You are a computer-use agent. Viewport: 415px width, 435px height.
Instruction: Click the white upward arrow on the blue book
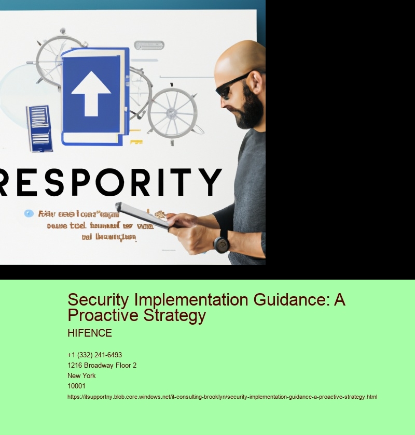click(91, 93)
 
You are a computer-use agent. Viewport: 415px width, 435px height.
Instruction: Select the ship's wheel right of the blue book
click(172, 112)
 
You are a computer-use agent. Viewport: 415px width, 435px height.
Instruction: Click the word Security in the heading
click(99, 300)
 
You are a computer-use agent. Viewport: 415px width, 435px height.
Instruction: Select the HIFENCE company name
click(90, 334)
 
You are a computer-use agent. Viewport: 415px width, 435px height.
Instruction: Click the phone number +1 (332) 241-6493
click(94, 355)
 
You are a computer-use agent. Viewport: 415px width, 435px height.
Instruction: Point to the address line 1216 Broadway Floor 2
click(102, 366)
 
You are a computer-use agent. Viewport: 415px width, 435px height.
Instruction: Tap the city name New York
click(81, 376)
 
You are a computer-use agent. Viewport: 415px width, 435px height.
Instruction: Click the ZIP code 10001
click(77, 386)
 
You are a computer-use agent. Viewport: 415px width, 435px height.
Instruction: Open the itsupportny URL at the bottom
click(222, 397)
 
